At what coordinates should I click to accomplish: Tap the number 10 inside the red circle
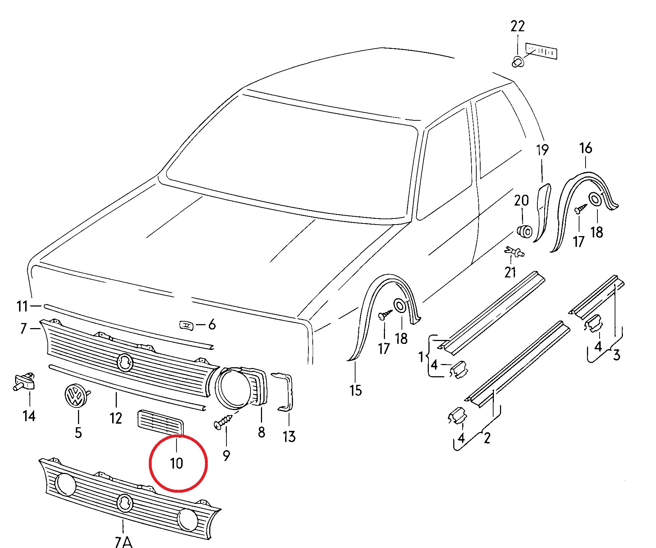point(176,463)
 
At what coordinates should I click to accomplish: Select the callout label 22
point(518,26)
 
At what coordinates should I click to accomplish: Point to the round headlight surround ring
point(234,388)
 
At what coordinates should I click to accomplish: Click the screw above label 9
point(223,421)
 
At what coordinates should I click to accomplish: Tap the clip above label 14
point(24,381)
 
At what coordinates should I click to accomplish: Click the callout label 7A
point(123,542)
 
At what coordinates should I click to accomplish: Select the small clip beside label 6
point(186,326)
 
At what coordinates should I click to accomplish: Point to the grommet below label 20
point(524,230)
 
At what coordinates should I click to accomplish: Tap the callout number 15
point(355,390)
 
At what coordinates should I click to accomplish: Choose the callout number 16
point(586,148)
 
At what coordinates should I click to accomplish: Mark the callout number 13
point(289,437)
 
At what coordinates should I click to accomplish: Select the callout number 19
point(542,150)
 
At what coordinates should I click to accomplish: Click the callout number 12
point(116,418)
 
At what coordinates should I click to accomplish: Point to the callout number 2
point(487,438)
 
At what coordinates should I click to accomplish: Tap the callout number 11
point(22,306)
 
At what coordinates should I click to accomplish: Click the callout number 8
point(261,432)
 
